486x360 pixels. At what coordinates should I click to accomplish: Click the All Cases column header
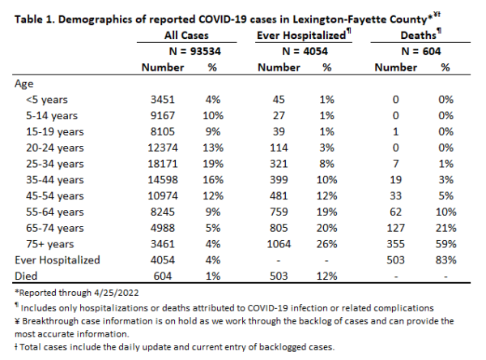[186, 35]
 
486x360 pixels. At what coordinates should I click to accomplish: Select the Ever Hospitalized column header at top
[301, 35]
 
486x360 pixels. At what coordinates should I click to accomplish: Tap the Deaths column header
[418, 35]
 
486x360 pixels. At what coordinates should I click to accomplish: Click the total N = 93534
[195, 51]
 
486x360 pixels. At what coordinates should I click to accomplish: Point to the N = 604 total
[421, 51]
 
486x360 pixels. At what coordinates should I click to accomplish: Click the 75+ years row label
[50, 244]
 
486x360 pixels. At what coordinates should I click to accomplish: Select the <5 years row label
[46, 100]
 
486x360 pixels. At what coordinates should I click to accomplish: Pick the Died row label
[26, 276]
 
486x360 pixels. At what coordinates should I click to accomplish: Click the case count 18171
[163, 164]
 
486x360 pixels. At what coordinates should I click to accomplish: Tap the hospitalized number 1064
[279, 244]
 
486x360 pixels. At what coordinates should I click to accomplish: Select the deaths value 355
[396, 244]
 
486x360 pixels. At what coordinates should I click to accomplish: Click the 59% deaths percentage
[446, 244]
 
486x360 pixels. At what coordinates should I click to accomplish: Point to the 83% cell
[446, 260]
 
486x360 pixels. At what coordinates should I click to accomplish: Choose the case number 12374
[163, 148]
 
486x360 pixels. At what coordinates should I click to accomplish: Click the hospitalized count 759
[279, 212]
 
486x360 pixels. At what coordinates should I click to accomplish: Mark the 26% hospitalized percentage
[326, 244]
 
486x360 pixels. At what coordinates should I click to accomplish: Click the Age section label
[23, 84]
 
